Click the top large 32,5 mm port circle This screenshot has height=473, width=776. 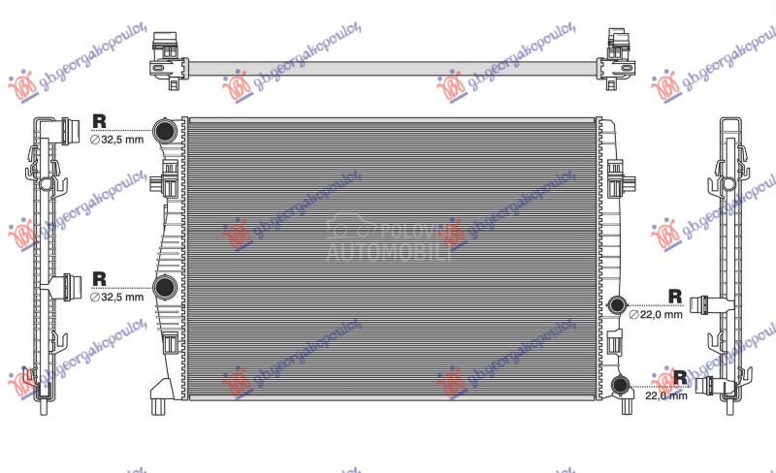tap(166, 130)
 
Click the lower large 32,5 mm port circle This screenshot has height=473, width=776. tap(166, 287)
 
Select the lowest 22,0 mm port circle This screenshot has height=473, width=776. tap(621, 386)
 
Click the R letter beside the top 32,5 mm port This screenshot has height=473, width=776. tap(99, 120)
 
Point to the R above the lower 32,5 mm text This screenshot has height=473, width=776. tap(99, 279)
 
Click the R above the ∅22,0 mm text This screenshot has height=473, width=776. tap(675, 297)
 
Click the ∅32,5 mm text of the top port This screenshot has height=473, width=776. tap(116, 140)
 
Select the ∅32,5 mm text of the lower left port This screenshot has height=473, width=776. tap(116, 298)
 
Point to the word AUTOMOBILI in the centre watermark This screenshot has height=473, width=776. tap(388, 254)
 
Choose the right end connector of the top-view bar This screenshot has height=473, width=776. tap(618, 59)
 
